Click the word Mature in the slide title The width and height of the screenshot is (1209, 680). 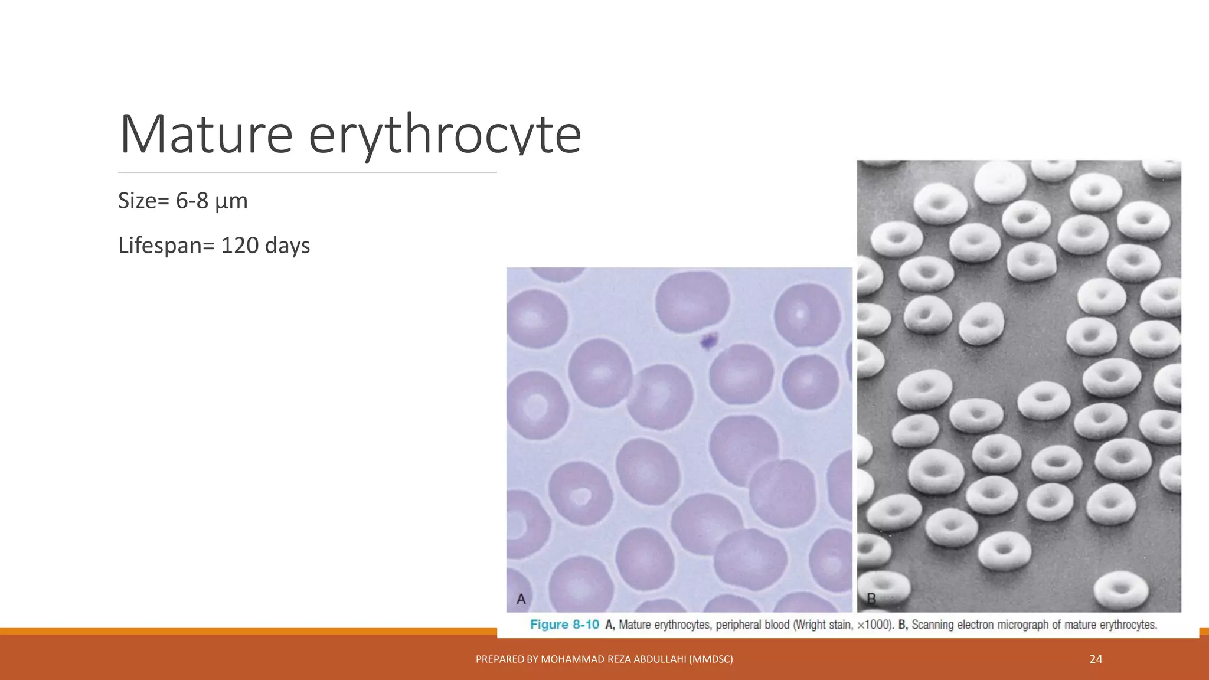(x=206, y=135)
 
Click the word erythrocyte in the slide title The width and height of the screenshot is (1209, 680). (x=445, y=135)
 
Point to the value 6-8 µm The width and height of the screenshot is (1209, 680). (x=211, y=201)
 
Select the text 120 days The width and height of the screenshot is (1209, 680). (x=265, y=246)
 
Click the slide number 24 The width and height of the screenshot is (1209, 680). (x=1096, y=659)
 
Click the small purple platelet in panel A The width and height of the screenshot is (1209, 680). (x=708, y=341)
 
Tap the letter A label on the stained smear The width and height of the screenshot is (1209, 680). (x=521, y=599)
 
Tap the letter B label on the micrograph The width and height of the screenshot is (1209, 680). (x=871, y=599)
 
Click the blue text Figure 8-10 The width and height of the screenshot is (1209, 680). (x=564, y=625)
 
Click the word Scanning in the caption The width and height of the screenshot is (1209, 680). (x=933, y=625)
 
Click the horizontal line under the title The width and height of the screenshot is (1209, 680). (x=307, y=172)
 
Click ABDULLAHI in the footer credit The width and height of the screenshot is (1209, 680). (x=659, y=659)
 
